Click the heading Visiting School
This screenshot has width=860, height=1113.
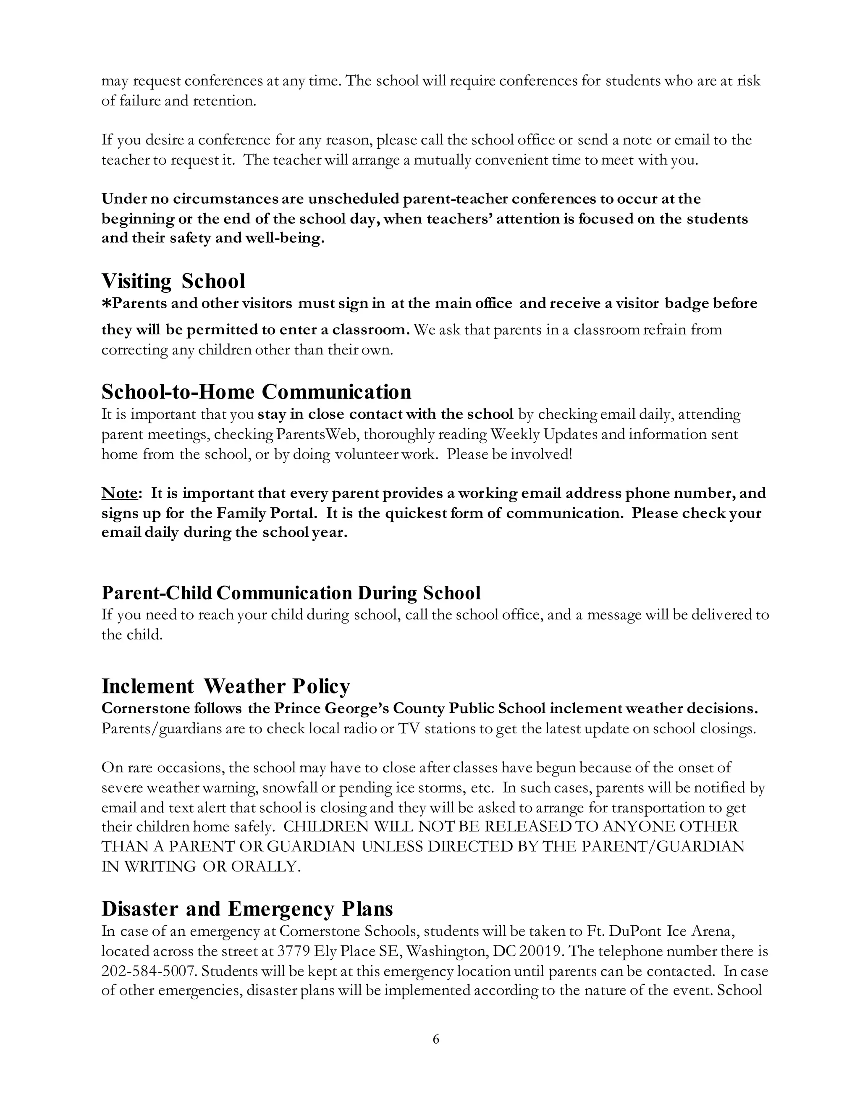pyautogui.click(x=173, y=281)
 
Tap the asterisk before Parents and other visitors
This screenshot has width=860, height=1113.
pyautogui.click(x=107, y=304)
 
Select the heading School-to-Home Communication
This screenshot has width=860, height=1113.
pyautogui.click(x=256, y=392)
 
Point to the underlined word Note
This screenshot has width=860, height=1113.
pyautogui.click(x=119, y=493)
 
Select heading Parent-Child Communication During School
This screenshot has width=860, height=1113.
pyautogui.click(x=291, y=593)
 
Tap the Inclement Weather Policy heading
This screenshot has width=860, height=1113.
pyautogui.click(x=225, y=686)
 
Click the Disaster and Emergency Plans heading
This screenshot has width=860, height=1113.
pyautogui.click(x=247, y=908)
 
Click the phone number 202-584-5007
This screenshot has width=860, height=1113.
pyautogui.click(x=149, y=971)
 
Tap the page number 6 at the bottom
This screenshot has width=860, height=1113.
pyautogui.click(x=435, y=1039)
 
